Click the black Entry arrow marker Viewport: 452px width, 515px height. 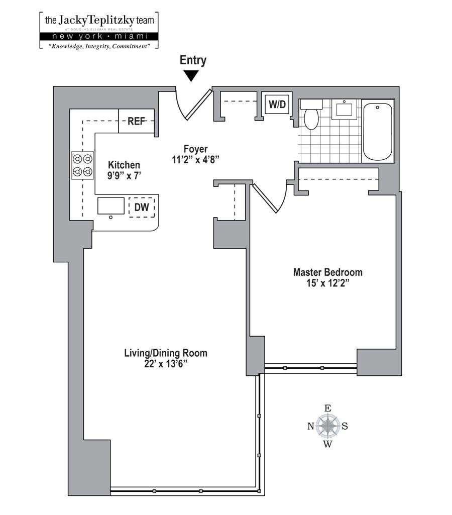191,76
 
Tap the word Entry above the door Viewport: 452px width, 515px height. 193,60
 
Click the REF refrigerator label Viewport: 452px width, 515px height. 136,121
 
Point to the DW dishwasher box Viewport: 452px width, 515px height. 142,207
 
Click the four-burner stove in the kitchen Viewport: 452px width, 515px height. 83,165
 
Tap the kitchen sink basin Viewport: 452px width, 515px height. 110,206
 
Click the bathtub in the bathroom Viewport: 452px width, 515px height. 377,132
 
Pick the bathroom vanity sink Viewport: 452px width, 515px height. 346,110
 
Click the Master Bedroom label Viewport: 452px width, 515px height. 327,272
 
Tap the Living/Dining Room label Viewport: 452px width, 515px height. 165,353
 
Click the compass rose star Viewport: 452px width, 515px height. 327,426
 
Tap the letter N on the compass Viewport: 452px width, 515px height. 310,427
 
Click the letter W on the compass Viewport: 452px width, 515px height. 327,444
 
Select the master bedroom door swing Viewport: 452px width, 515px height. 271,197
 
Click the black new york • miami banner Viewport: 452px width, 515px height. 98,37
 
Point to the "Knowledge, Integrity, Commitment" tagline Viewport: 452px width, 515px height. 98,46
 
